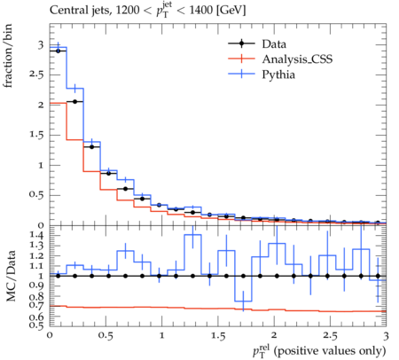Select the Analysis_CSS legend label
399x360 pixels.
297,59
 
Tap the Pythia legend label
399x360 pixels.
278,74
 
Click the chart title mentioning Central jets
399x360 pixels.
147,11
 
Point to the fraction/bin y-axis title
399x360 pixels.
8,56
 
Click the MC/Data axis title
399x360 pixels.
11,276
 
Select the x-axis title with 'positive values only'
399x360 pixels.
319,351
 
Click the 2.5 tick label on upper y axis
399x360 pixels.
36,74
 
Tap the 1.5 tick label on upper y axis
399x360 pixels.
36,135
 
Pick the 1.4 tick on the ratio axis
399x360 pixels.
37,235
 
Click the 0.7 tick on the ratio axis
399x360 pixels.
37,305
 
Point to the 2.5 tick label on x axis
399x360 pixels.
330,336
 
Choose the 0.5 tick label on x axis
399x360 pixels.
106,336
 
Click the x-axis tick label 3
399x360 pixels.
386,336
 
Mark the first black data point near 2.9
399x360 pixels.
58,51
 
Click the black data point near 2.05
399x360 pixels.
74,101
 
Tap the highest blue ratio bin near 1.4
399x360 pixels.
192,235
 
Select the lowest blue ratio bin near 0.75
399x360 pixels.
243,301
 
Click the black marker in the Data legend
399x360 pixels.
241,43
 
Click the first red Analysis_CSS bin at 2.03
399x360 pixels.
58,103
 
